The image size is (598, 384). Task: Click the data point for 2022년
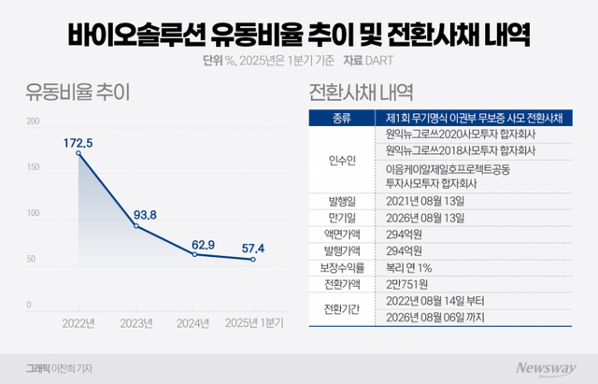(78, 152)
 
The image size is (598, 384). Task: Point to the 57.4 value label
(253, 249)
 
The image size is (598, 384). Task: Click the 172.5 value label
(78, 142)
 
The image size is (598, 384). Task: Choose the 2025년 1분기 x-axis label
(254, 322)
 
